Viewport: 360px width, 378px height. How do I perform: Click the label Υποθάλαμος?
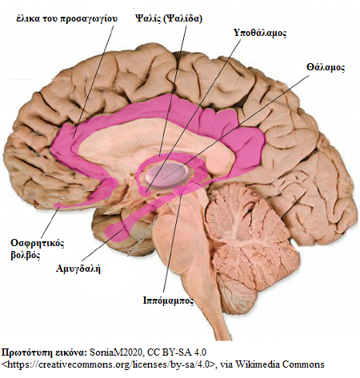click(x=260, y=33)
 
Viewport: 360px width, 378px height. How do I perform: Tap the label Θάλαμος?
click(x=326, y=67)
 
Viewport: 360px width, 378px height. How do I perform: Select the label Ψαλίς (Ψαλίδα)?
click(x=169, y=18)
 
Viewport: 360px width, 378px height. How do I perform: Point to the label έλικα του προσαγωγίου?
click(x=66, y=19)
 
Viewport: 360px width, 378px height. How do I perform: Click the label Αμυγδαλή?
click(x=78, y=269)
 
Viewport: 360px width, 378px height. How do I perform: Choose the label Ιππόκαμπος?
click(x=168, y=300)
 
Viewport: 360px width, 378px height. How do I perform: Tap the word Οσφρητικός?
click(x=38, y=243)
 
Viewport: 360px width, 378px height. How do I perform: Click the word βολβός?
click(x=26, y=255)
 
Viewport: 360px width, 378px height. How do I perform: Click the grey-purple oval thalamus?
click(x=167, y=175)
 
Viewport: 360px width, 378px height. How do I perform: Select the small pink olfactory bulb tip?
click(x=58, y=205)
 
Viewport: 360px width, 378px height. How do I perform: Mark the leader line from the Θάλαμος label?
click(x=236, y=127)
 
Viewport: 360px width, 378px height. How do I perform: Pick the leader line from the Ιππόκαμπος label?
click(x=173, y=244)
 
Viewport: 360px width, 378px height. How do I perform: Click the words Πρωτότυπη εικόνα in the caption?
click(x=44, y=352)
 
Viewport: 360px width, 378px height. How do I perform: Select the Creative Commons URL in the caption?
click(x=108, y=364)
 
